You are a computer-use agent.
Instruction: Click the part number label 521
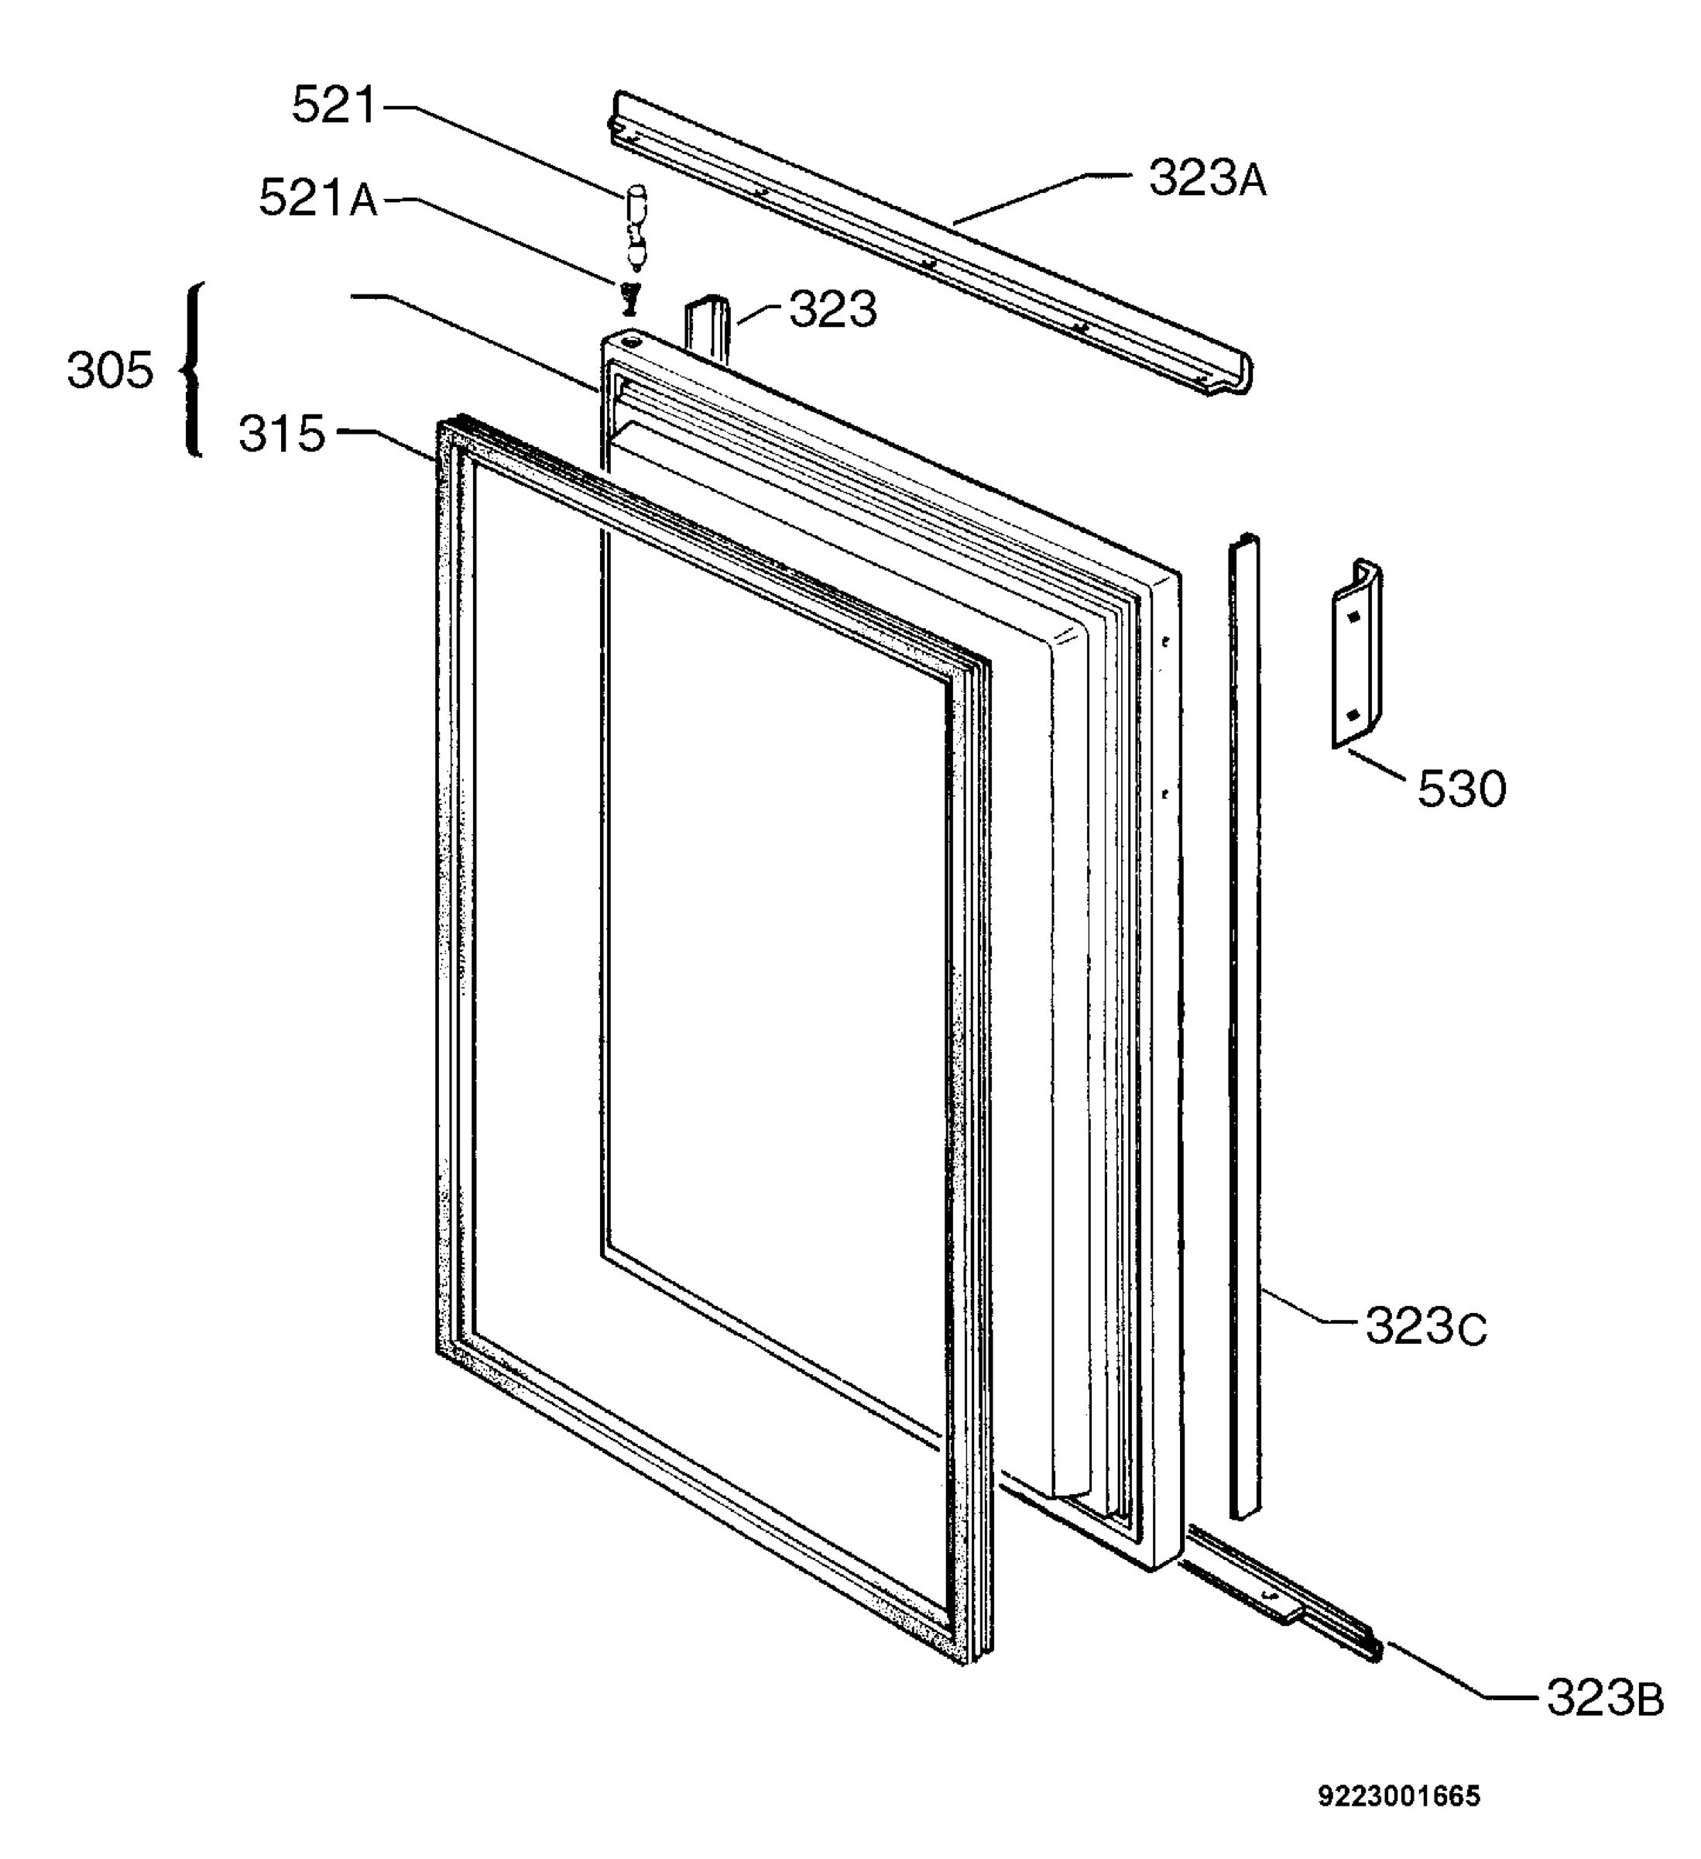[x=334, y=105]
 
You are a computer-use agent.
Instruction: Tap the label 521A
[x=318, y=198]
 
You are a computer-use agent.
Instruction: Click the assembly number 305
[x=110, y=371]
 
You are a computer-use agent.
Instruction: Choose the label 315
[x=282, y=434]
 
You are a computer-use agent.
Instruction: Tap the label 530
[x=1461, y=789]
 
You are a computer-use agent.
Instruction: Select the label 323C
[x=1426, y=1327]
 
